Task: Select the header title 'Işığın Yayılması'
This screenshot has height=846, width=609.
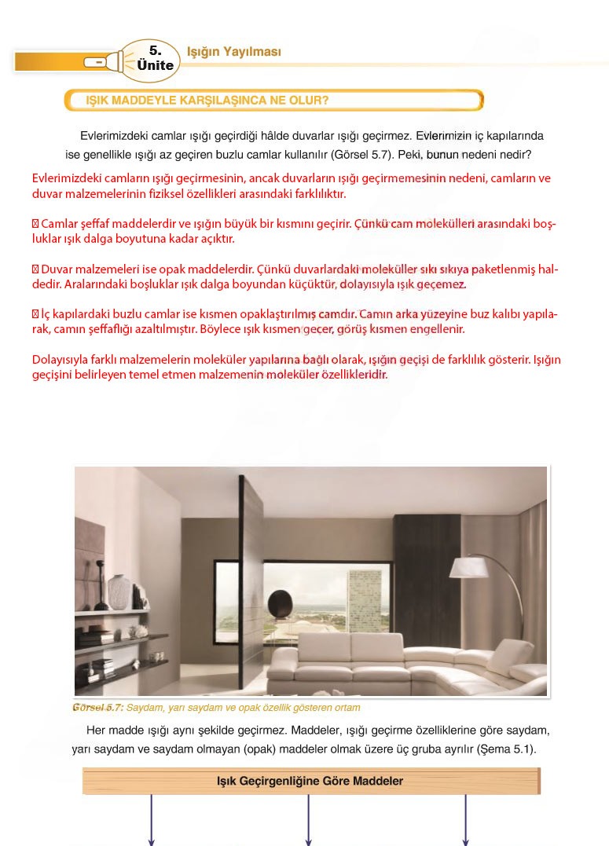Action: click(x=233, y=52)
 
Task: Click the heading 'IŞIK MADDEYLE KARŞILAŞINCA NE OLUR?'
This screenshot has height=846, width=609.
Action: click(x=207, y=101)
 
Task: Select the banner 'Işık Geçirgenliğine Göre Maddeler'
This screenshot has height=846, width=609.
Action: click(x=310, y=781)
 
